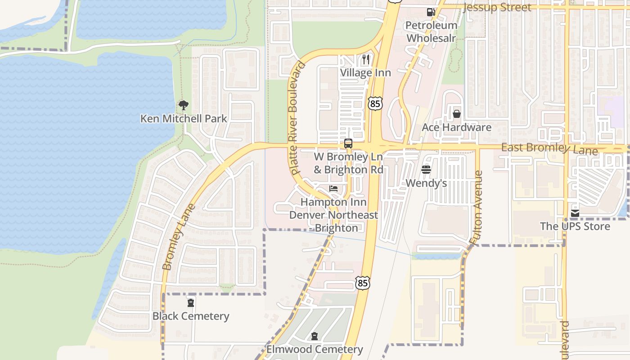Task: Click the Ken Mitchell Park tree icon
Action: point(183,105)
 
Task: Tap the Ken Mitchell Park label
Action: point(184,119)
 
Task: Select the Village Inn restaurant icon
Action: point(366,59)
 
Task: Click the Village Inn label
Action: point(365,73)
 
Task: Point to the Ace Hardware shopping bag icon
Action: point(457,114)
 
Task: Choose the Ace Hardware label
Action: point(456,127)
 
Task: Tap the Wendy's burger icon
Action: point(426,170)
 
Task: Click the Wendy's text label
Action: point(426,183)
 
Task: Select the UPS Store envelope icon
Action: point(575,213)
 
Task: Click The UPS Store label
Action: point(575,226)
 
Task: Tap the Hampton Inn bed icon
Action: point(333,188)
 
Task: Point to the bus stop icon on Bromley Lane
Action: point(348,144)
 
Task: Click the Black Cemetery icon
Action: point(191,302)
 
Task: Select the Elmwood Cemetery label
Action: point(315,349)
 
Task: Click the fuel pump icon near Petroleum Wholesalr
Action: point(431,12)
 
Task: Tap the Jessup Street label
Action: point(497,7)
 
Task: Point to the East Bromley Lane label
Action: point(549,148)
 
